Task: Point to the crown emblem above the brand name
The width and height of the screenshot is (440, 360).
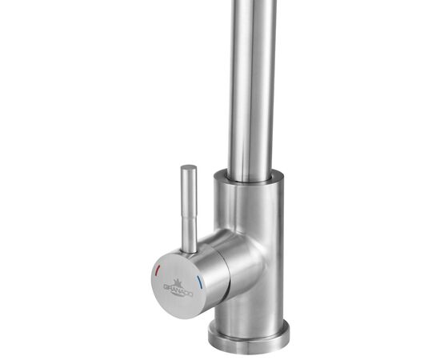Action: click(x=176, y=276)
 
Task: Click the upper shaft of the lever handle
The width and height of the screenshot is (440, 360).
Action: click(x=190, y=188)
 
